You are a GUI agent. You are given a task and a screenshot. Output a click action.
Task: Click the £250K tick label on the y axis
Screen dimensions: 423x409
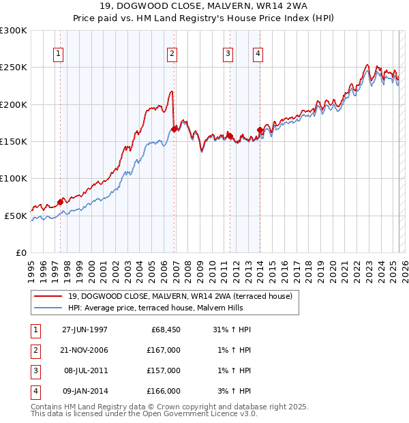click(x=14, y=68)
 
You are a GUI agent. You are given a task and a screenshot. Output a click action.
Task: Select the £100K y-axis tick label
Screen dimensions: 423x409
click(x=14, y=178)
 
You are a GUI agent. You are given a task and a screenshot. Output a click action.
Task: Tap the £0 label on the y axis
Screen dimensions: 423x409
click(x=22, y=252)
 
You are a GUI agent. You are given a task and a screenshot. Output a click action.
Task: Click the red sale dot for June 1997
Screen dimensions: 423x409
click(x=61, y=201)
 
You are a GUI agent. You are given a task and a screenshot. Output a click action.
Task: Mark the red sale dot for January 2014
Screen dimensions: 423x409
click(x=260, y=130)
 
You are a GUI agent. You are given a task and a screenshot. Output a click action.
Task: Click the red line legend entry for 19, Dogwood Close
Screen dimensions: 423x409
click(x=180, y=296)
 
